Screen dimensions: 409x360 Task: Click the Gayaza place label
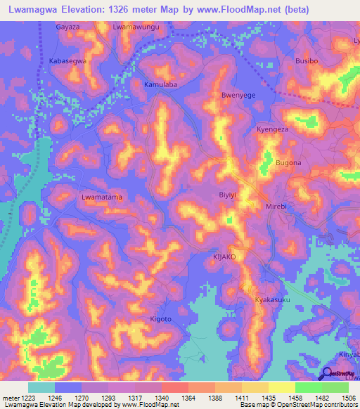(x=68, y=27)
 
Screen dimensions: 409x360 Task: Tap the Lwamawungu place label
(x=136, y=27)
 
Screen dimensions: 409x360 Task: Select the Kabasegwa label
(x=68, y=61)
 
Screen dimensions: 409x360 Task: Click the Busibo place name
(x=307, y=61)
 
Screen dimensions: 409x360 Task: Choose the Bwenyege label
(x=238, y=95)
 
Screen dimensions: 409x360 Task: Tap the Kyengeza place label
(x=273, y=130)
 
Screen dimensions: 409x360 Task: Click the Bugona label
(x=288, y=163)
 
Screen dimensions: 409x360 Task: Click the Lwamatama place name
(x=102, y=197)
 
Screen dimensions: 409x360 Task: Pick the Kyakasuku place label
(x=272, y=300)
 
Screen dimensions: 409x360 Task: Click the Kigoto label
(x=161, y=319)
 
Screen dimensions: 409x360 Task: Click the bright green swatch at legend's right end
(x=335, y=387)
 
